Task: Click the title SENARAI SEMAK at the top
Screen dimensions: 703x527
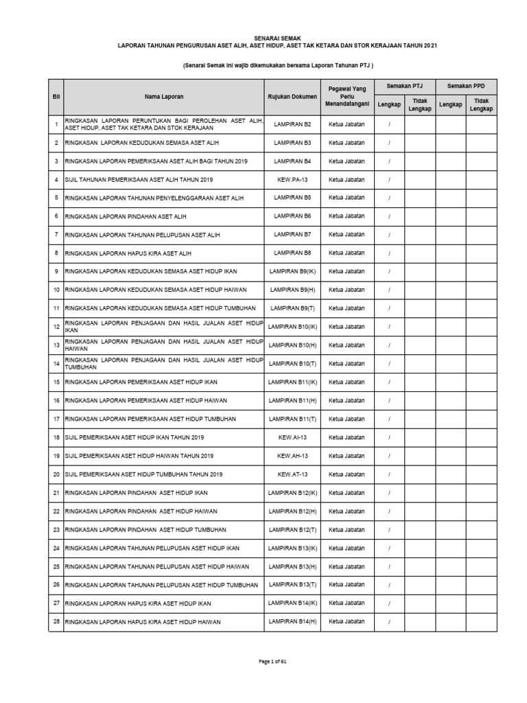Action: (x=277, y=38)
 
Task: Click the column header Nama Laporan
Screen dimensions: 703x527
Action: (x=163, y=97)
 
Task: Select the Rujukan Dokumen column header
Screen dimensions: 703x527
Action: (x=292, y=97)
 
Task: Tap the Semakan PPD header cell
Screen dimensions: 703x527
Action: (x=466, y=86)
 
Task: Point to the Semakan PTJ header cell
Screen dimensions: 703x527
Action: (x=404, y=86)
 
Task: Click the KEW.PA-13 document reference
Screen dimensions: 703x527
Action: (x=292, y=179)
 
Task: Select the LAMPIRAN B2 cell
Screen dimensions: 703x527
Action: (x=292, y=124)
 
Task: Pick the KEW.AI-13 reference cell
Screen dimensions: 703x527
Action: (x=292, y=437)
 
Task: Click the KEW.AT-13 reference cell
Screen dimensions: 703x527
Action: (x=292, y=474)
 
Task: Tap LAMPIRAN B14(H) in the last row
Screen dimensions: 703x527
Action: (x=292, y=621)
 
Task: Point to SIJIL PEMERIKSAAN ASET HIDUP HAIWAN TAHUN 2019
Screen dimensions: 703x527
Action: (x=139, y=456)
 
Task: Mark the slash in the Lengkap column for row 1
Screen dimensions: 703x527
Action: (x=389, y=124)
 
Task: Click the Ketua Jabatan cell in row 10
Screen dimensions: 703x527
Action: (x=347, y=290)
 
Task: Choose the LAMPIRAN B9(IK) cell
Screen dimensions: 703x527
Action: (x=292, y=271)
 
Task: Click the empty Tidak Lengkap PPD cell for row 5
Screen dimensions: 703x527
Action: (x=481, y=198)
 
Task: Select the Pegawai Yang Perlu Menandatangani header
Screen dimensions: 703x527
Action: (x=347, y=96)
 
